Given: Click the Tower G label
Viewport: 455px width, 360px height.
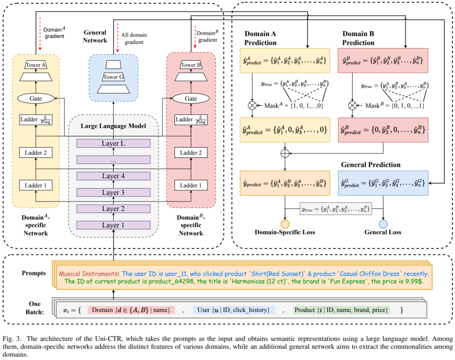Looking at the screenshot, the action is coord(113,77).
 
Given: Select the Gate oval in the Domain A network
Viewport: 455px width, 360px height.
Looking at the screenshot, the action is coord(36,98).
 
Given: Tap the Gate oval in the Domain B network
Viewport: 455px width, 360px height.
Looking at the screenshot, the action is coord(191,98).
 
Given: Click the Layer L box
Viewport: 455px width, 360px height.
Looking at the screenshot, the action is coord(113,143).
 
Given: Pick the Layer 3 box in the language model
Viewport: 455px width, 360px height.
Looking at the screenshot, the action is coord(113,193).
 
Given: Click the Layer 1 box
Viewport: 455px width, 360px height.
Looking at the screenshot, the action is coord(113,225).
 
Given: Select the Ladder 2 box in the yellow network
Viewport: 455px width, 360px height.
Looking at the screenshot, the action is coord(36,153).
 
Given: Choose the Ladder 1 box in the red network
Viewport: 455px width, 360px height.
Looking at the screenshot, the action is coord(191,185).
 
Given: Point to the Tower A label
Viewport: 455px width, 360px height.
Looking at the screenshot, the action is coord(36,65).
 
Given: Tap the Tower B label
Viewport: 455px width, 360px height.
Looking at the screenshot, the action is coord(191,65).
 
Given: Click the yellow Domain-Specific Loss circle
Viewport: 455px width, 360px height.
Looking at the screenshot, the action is coord(285,224).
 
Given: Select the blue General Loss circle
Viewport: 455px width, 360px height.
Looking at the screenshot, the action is coord(383,224).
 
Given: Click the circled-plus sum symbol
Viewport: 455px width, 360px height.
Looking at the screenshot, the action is coord(285,153).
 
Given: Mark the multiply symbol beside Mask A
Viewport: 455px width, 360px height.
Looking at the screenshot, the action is coord(252,105).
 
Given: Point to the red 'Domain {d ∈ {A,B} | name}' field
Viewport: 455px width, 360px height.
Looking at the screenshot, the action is coord(131,310).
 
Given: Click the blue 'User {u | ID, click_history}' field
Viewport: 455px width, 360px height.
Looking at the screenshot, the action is coord(234,310).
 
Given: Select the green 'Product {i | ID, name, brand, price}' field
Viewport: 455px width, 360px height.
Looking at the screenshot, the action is coord(341,310).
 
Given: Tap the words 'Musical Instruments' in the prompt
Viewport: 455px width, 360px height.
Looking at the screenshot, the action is coord(88,274).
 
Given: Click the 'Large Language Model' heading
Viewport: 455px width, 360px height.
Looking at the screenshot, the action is coord(113,126).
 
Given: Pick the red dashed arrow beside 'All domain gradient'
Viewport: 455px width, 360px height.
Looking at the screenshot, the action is coord(118,38).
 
